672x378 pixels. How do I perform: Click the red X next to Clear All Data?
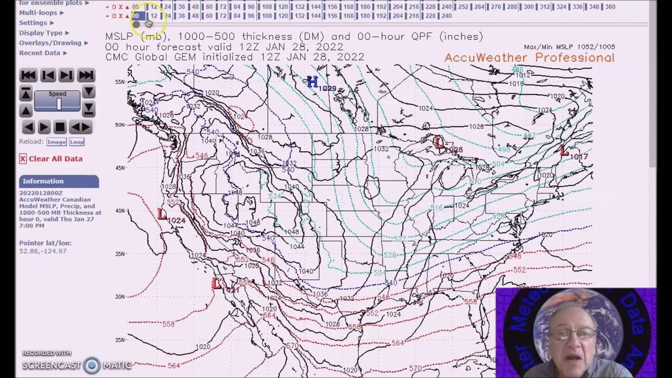click(x=23, y=159)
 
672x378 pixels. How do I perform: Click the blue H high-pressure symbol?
click(x=312, y=81)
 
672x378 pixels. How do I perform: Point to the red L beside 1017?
click(x=564, y=152)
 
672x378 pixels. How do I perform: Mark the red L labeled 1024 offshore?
click(x=162, y=214)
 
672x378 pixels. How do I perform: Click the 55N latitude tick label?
click(x=120, y=82)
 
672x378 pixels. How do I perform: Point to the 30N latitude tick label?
click(x=120, y=297)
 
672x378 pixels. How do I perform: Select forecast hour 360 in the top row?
click(x=610, y=7)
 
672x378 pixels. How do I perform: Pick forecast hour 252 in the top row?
click(x=463, y=7)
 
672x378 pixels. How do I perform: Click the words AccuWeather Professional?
click(x=529, y=58)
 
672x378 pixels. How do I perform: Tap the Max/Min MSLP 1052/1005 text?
click(x=569, y=47)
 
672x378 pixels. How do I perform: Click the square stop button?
click(x=60, y=127)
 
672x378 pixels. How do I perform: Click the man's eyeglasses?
click(x=575, y=334)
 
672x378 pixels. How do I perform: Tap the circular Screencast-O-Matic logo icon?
click(x=91, y=365)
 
